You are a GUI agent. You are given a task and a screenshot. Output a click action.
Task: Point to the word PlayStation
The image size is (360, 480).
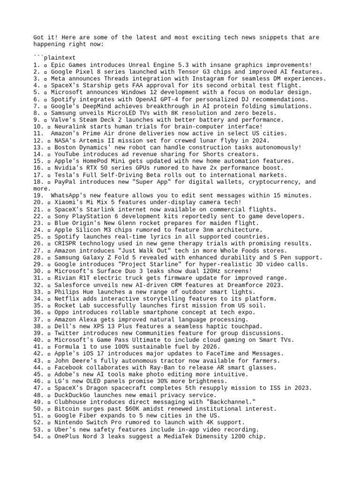coord(90,216)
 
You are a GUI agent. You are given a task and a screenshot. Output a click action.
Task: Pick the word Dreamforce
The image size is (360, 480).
coord(244,285)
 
